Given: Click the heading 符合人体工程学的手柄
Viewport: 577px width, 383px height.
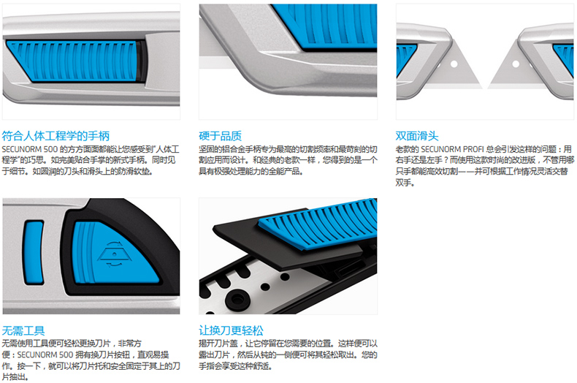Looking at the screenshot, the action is (x=56, y=136).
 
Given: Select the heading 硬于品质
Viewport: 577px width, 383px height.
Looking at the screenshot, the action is (x=220, y=136).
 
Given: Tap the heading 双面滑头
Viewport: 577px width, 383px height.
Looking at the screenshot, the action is (x=417, y=136).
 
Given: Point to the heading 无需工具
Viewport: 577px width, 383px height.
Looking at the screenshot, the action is (x=23, y=330).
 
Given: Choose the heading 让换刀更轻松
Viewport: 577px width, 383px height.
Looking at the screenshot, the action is (x=231, y=330).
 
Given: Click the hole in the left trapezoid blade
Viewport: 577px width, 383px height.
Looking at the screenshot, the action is (x=454, y=64).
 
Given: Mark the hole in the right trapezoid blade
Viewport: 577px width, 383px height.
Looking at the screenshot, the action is (x=516, y=64).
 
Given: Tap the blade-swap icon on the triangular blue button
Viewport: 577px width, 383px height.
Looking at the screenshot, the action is (x=115, y=254).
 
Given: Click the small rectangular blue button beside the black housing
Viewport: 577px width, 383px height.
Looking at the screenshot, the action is (x=33, y=252).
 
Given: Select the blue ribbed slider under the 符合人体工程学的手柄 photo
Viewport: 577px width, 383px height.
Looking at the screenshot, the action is (x=74, y=61).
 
